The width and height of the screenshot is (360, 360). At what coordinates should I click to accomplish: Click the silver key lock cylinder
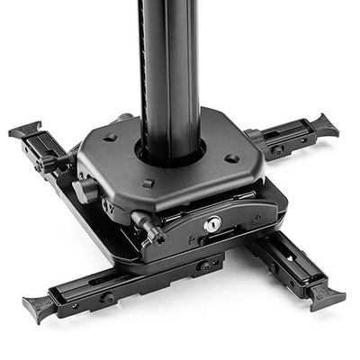coord(211,224)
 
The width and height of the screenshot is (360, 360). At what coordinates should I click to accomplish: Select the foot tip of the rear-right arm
coord(323,125)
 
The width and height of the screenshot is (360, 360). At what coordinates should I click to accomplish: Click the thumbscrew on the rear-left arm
coord(47,164)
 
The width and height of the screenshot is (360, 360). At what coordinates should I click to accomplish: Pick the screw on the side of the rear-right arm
coord(278,149)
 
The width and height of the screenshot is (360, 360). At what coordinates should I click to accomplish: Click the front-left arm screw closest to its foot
coord(108,297)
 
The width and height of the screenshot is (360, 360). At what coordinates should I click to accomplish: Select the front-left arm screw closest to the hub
coord(205,266)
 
